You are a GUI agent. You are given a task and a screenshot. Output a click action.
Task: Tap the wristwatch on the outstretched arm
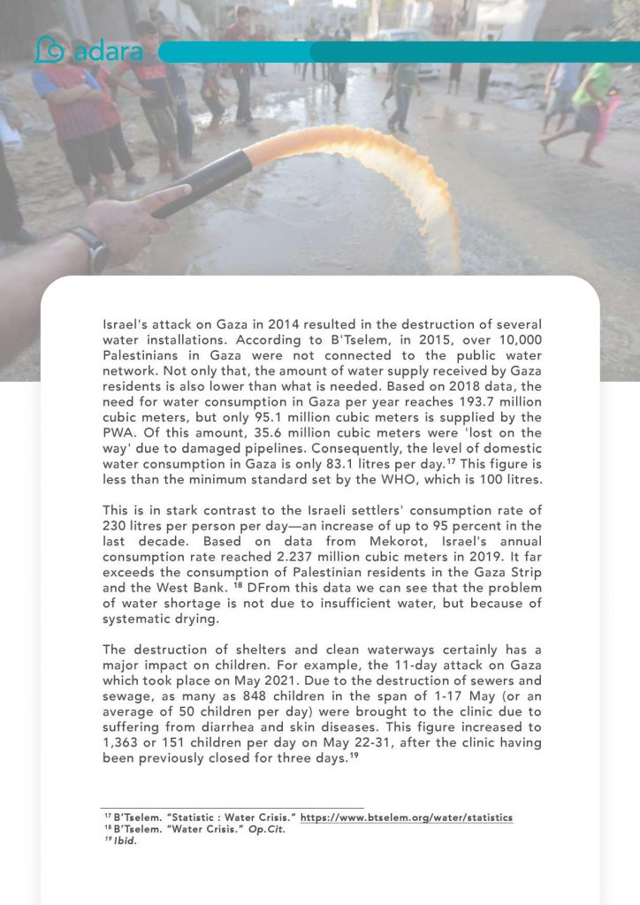[89, 249]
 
